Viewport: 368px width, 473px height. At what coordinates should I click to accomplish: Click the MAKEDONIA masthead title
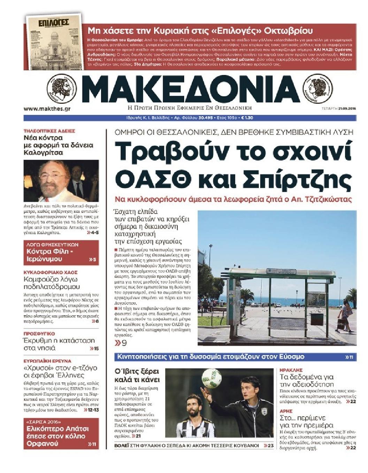(191, 89)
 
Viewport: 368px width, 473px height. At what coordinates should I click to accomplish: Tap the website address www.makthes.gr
(47, 109)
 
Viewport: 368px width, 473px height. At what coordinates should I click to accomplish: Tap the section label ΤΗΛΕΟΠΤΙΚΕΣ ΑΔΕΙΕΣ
(49, 131)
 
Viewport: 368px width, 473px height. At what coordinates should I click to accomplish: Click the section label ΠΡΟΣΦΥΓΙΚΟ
(39, 333)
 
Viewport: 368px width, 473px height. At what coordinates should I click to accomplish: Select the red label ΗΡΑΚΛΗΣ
(291, 370)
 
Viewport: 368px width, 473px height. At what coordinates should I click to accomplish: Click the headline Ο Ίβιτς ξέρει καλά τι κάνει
(137, 375)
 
